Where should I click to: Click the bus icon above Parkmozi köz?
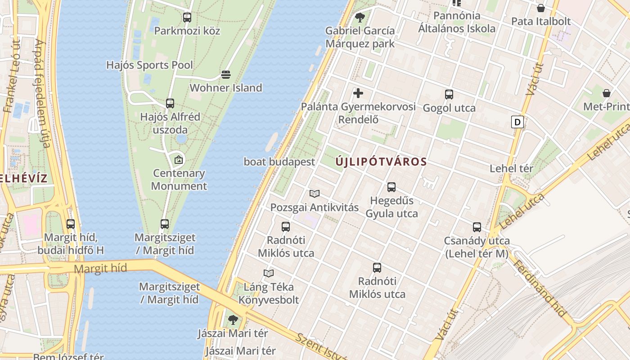[x=187, y=18]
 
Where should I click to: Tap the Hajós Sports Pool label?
[x=149, y=65]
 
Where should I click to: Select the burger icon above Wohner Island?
[x=226, y=74]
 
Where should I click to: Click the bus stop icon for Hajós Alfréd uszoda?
[x=170, y=103]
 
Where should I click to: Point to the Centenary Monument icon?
[x=179, y=159]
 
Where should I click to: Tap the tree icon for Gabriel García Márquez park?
[x=360, y=18]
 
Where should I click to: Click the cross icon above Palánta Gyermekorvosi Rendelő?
[x=358, y=93]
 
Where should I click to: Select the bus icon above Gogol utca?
[x=449, y=94]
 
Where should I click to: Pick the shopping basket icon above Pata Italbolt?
[x=541, y=8]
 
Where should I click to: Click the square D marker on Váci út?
[x=517, y=122]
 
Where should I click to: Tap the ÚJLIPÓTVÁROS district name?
[x=381, y=162]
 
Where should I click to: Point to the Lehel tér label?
[x=511, y=169]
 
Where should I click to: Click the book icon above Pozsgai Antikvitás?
[x=315, y=194]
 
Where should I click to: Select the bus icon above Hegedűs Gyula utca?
[x=391, y=187]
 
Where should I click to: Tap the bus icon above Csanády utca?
[x=477, y=227]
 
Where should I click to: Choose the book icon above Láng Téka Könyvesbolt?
[x=269, y=273]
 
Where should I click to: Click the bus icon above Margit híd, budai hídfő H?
[x=71, y=224]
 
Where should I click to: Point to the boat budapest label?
[x=279, y=162]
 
